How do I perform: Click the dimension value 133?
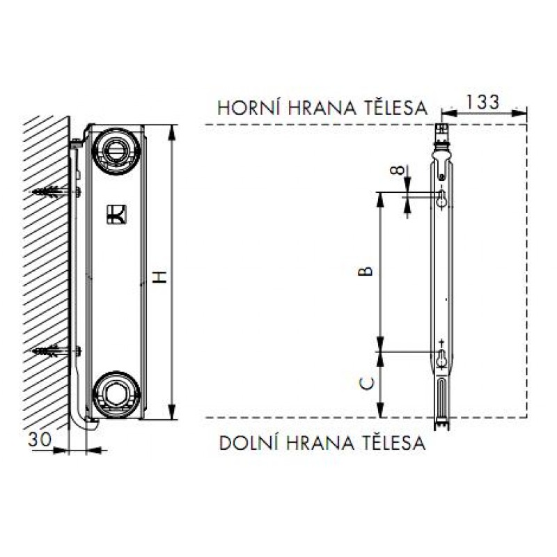click(482, 102)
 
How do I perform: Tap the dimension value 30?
click(40, 440)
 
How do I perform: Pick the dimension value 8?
click(397, 170)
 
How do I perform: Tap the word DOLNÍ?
click(247, 443)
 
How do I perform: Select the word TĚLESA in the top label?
click(394, 107)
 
